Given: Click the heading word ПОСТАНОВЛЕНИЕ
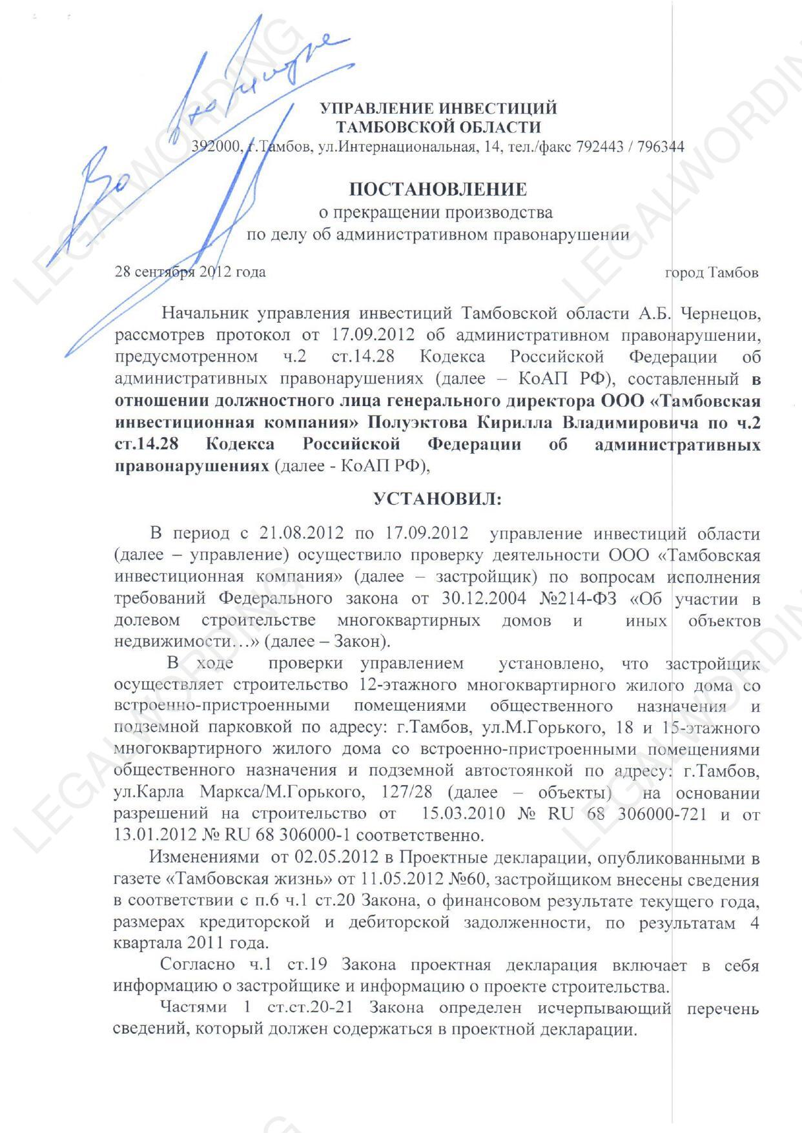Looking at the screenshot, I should coord(438,189).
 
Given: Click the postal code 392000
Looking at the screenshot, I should coord(215,147).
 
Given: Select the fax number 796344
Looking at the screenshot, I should coord(661,147).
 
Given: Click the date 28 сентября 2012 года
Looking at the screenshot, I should coord(190,272).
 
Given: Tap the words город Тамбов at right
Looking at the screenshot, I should coord(712,272).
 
